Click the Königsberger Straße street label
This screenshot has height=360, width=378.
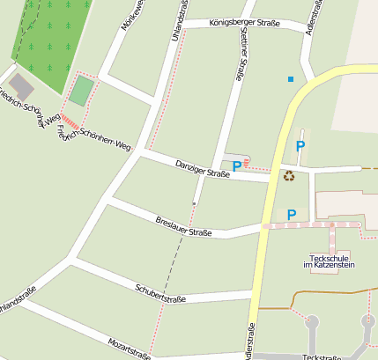point(233,24)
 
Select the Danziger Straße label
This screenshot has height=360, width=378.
point(202,169)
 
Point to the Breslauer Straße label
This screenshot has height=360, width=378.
point(183,226)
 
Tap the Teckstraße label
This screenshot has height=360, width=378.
point(321,356)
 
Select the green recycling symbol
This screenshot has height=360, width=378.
point(289,176)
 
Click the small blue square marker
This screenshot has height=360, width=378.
point(290,80)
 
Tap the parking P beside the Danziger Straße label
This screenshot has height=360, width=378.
point(236,165)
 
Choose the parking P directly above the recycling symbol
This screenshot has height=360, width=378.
point(300,146)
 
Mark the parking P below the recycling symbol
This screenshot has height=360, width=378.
point(292,214)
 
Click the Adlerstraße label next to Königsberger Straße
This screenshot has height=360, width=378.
point(309,16)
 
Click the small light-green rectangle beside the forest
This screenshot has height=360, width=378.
point(82,91)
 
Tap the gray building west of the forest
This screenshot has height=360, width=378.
point(22,86)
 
